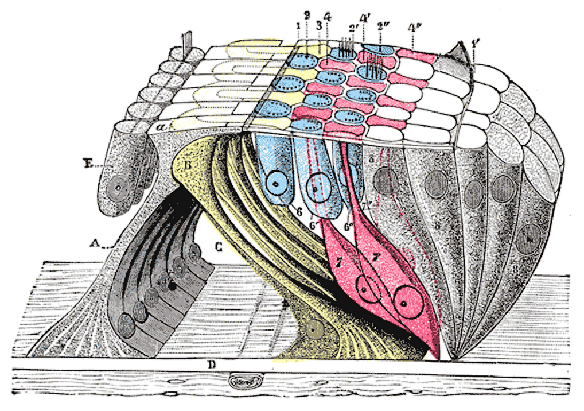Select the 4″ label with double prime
click(x=414, y=42)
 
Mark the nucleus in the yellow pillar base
click(x=313, y=329)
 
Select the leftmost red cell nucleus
click(x=365, y=290)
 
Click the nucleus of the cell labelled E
click(x=119, y=187)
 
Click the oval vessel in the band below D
click(x=245, y=381)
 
